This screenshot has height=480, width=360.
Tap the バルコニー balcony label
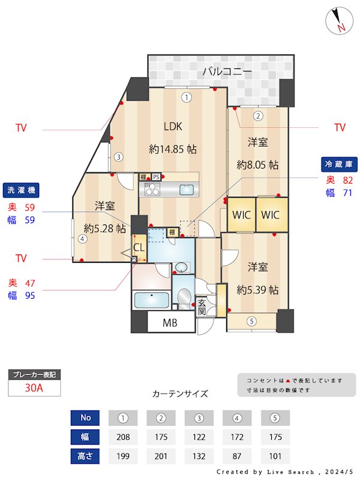pyautogui.click(x=227, y=71)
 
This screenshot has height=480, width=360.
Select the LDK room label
pyautogui.click(x=173, y=127)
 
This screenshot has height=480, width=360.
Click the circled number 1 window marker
pyautogui.click(x=187, y=97)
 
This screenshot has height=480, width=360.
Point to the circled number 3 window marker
pyautogui.click(x=119, y=157)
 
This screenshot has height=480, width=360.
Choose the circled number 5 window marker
pyautogui.click(x=251, y=321)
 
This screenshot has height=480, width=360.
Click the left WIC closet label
pyautogui.click(x=241, y=215)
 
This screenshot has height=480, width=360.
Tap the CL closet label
pyautogui.click(x=139, y=246)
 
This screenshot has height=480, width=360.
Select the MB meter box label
pyautogui.click(x=170, y=323)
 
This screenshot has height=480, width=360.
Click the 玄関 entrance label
pyautogui.click(x=203, y=307)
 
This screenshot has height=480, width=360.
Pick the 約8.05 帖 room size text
pyautogui.click(x=257, y=164)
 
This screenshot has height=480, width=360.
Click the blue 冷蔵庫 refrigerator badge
pyautogui.click(x=339, y=163)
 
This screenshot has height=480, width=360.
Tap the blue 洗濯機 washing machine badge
pyautogui.click(x=21, y=190)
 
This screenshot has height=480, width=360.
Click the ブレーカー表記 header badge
pyautogui.click(x=34, y=375)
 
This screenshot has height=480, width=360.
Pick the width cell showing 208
pyautogui.click(x=123, y=437)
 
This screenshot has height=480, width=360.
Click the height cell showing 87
pyautogui.click(x=237, y=456)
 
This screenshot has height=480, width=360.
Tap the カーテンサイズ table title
pyautogui.click(x=180, y=394)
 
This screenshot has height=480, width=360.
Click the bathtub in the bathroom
pyautogui.click(x=151, y=299)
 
